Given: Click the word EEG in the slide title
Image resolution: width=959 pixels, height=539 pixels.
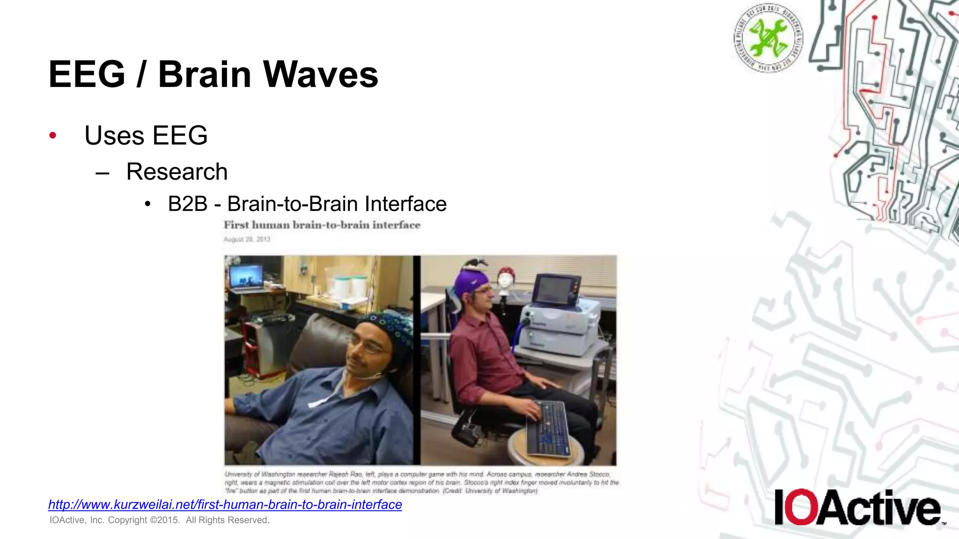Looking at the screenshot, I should click(x=87, y=74).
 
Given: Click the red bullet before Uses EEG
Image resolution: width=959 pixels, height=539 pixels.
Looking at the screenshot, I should click(x=53, y=136).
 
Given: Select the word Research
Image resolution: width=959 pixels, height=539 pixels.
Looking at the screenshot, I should click(x=177, y=172).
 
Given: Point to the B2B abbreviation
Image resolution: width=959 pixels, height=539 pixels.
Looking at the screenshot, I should click(x=187, y=204).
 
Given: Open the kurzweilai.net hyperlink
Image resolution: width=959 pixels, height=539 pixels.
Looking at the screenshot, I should click(x=225, y=504).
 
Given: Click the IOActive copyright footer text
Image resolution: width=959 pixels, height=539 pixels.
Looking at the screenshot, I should click(x=159, y=520).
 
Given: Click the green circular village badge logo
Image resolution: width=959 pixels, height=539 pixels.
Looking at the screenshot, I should click(x=768, y=38).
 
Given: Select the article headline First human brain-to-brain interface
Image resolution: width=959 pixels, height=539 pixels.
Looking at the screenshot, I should click(x=322, y=225).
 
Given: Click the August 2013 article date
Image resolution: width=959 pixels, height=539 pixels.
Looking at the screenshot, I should click(x=247, y=239).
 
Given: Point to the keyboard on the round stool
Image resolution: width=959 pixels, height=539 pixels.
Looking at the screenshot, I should click(x=548, y=427).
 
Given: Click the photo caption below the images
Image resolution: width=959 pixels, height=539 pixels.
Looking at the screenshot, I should click(x=421, y=482).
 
